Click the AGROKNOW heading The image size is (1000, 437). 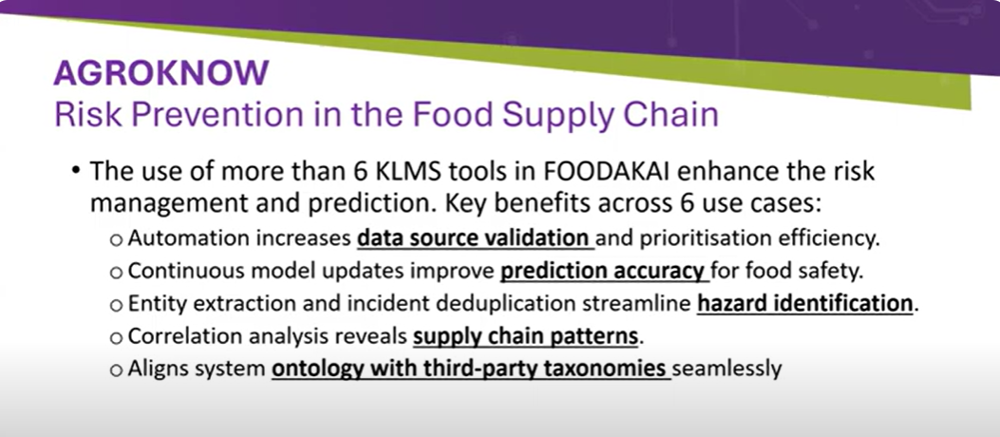click(161, 72)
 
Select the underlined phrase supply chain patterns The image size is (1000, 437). click(525, 336)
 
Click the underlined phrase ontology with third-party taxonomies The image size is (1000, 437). click(469, 368)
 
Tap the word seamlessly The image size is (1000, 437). click(727, 368)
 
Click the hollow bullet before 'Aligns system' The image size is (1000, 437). click(116, 370)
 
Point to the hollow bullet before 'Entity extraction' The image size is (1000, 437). click(116, 305)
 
